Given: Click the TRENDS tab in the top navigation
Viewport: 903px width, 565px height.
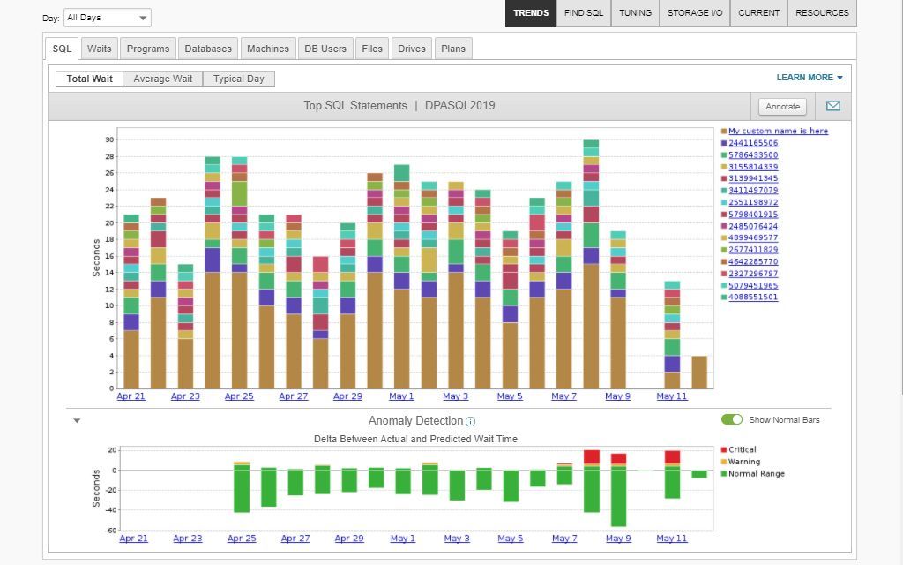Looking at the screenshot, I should pos(531,13).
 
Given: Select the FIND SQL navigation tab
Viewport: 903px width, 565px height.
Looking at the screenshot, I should pos(584,13).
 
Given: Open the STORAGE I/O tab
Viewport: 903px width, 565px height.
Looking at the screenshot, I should pos(695,13).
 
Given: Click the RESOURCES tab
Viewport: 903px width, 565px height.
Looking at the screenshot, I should pos(822,13).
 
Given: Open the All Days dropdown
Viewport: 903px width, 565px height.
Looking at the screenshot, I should pos(108,18).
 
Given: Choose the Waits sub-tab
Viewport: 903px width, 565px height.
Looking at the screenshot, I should pos(100,49).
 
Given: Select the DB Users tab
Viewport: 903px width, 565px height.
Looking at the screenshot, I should pos(325,49).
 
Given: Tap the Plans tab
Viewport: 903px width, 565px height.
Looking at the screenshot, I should pos(453,49).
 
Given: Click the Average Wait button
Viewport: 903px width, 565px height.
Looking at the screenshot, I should pos(163,79).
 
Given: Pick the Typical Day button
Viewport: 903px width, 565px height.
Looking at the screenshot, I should pos(239,79).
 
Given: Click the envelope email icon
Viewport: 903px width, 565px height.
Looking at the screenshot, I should pos(833,106).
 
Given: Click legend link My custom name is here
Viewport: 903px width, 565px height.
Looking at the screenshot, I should pos(778,131).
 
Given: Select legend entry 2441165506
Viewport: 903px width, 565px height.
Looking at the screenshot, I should pos(753,143).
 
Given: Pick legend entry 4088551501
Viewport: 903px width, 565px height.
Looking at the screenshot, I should pos(753,298).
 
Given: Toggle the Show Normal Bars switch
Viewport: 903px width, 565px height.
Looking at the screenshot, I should pos(732,419).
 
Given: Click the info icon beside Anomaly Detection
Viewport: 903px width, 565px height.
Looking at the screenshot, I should pos(470,422).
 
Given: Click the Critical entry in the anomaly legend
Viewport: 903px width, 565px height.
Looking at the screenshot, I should pos(743,450).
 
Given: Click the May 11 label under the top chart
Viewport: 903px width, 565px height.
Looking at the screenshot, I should pos(672,396).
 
